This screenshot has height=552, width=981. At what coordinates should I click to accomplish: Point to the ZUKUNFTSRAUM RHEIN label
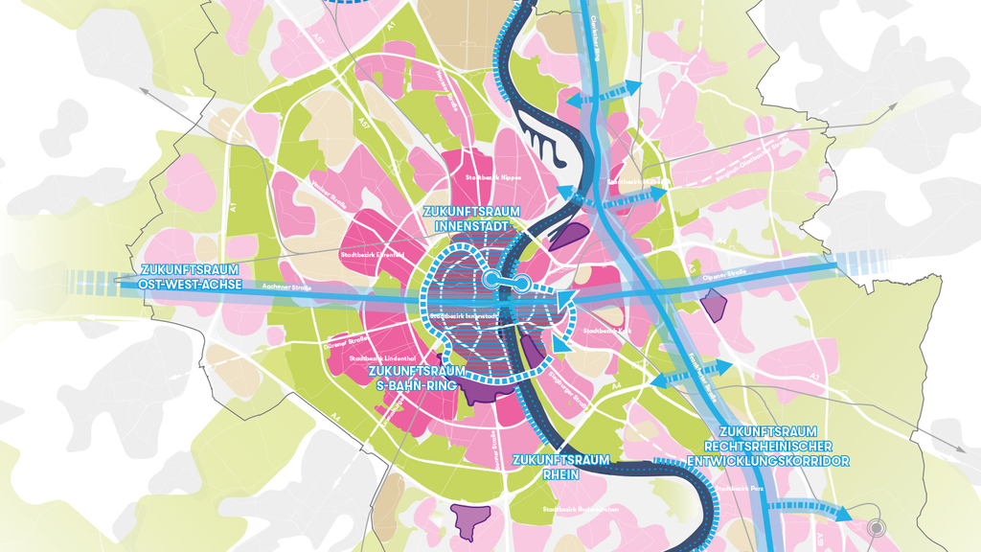tap(560, 466)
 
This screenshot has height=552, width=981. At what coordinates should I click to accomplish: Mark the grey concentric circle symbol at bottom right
tap(874, 527)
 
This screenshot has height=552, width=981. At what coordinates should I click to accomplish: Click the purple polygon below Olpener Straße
tap(714, 305)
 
